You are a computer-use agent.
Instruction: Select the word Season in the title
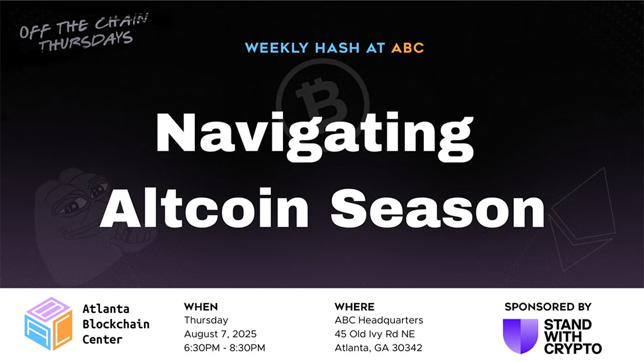tap(433, 208)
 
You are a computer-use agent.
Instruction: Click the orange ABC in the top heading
tap(408, 48)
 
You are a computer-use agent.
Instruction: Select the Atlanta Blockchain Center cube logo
tap(48, 324)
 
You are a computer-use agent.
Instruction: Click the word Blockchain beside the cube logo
tap(116, 324)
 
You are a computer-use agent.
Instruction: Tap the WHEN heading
tap(201, 307)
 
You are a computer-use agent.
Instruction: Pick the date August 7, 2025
tap(220, 334)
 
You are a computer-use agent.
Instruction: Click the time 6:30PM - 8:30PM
tap(225, 348)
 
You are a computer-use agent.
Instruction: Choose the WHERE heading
tap(354, 307)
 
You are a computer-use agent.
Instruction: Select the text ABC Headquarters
tap(379, 321)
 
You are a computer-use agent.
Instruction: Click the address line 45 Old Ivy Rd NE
tap(375, 334)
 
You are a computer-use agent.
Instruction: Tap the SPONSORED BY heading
tap(547, 307)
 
